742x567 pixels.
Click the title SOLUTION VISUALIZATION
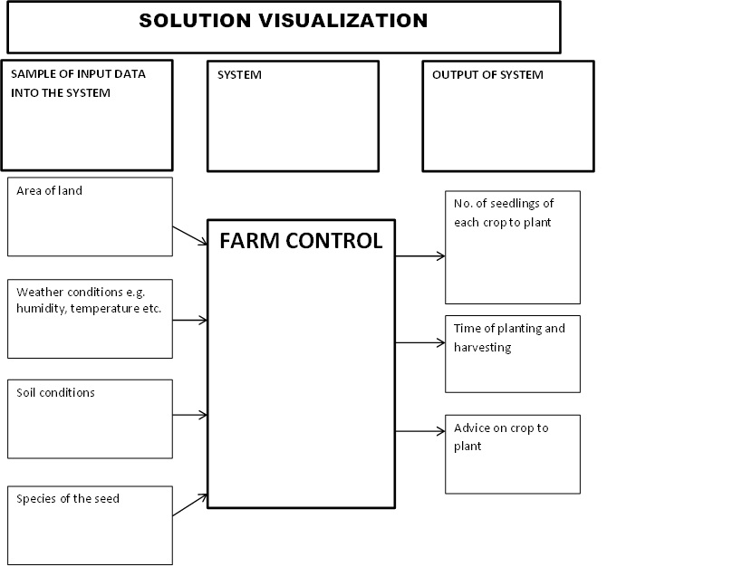[283, 21]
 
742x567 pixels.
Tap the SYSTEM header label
[239, 75]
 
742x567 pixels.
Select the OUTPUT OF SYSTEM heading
[487, 75]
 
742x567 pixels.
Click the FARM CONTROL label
[301, 241]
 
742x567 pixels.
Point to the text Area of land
[49, 191]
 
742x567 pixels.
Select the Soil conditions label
[55, 393]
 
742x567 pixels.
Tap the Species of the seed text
[68, 499]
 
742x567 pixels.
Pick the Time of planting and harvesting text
[508, 337]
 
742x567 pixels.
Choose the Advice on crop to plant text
[501, 437]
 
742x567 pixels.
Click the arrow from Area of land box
[190, 235]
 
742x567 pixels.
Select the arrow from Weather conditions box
[190, 320]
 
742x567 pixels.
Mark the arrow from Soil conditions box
[190, 416]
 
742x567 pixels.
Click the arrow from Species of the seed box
[190, 505]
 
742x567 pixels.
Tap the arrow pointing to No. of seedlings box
[420, 256]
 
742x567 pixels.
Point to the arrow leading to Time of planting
[420, 343]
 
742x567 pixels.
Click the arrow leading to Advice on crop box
[420, 432]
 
